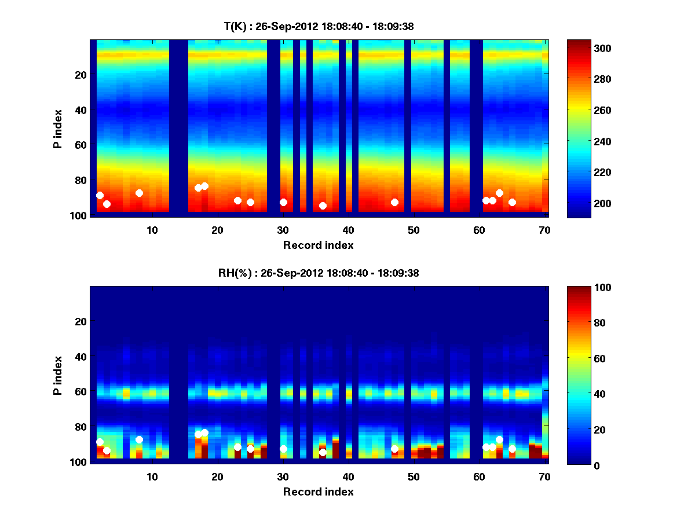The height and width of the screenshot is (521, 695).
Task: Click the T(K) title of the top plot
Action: point(319,27)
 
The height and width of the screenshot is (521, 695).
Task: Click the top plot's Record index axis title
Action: point(319,245)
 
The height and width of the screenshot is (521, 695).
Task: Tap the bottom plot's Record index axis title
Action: point(319,491)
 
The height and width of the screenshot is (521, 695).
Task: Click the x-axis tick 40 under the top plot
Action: point(348,230)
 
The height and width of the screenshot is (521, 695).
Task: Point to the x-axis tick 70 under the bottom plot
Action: point(544,477)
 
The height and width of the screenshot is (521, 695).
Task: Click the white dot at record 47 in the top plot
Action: point(394,202)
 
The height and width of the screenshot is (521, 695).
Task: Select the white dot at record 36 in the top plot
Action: point(323,206)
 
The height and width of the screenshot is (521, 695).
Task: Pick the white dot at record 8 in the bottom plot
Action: point(139,439)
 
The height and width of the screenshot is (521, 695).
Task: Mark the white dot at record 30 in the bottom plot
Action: point(283,449)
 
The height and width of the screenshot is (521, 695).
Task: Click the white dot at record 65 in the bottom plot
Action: point(512,449)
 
